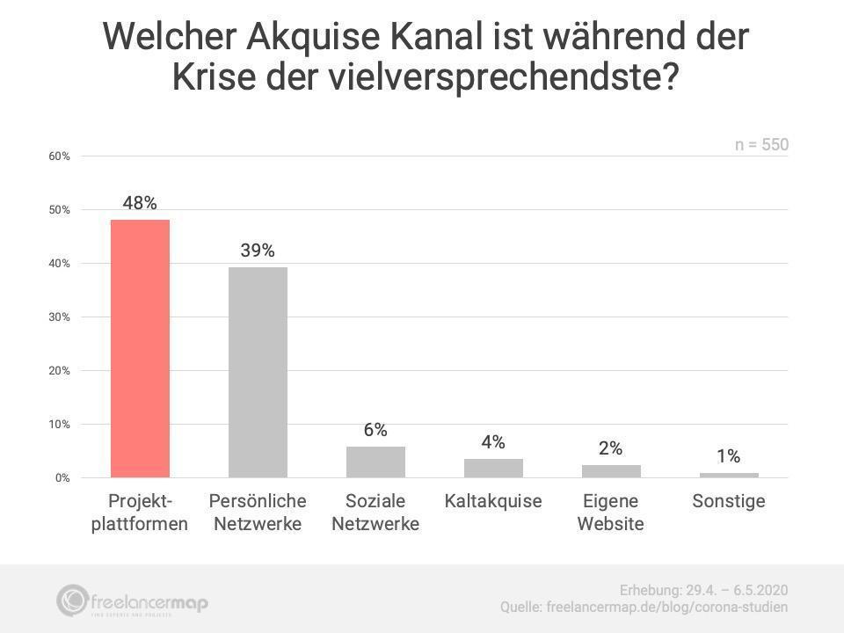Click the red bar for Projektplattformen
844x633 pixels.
click(140, 348)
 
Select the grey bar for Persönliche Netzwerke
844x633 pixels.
click(258, 372)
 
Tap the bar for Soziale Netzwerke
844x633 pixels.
click(375, 462)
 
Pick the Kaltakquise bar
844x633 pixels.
click(493, 468)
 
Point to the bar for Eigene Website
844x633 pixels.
click(611, 471)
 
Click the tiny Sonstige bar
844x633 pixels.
click(729, 475)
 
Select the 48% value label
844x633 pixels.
click(140, 203)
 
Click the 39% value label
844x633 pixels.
click(258, 251)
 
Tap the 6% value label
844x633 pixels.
click(375, 430)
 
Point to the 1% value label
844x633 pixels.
click(728, 456)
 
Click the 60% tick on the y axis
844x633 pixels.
click(59, 156)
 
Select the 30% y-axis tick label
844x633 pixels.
click(59, 317)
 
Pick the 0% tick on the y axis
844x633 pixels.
click(62, 478)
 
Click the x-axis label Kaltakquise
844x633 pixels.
click(493, 501)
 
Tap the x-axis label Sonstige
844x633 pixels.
click(729, 501)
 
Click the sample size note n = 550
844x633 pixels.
click(761, 145)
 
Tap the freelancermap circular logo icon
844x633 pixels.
click(72, 600)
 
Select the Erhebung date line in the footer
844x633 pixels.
click(703, 589)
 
